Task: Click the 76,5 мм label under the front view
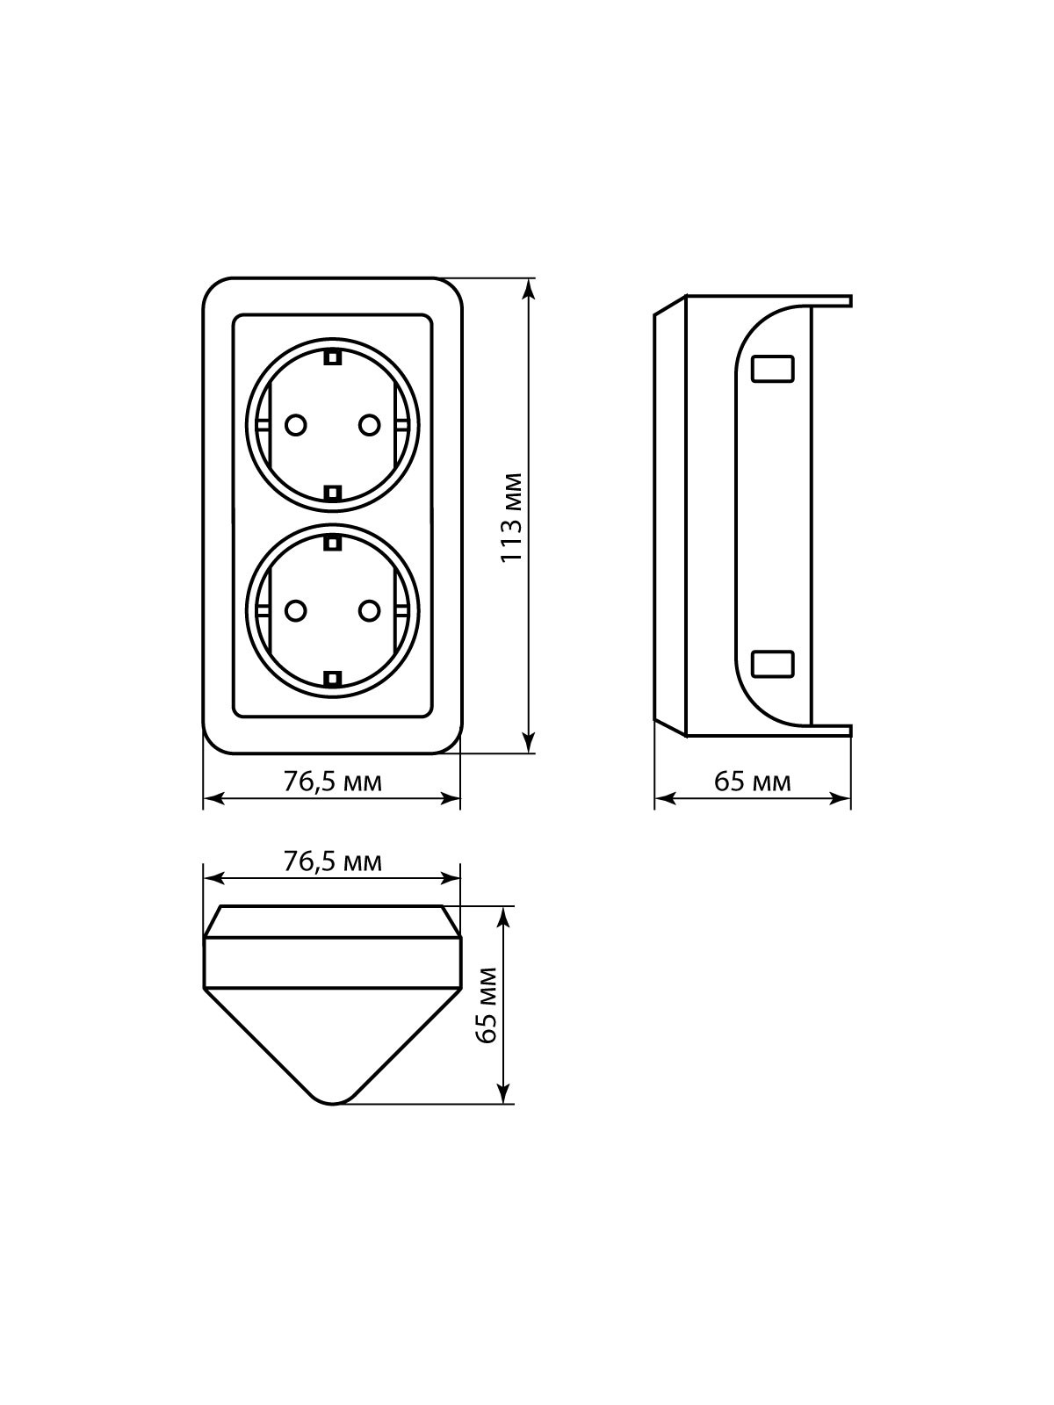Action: [x=332, y=782]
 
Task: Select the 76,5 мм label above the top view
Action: [x=332, y=862]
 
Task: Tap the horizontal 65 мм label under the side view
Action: [x=753, y=782]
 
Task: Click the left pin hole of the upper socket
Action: [x=295, y=424]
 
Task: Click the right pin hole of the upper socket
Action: [x=369, y=424]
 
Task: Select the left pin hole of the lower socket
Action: [x=295, y=610]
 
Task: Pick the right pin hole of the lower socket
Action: [x=369, y=610]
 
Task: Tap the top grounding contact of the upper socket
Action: [x=332, y=357]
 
